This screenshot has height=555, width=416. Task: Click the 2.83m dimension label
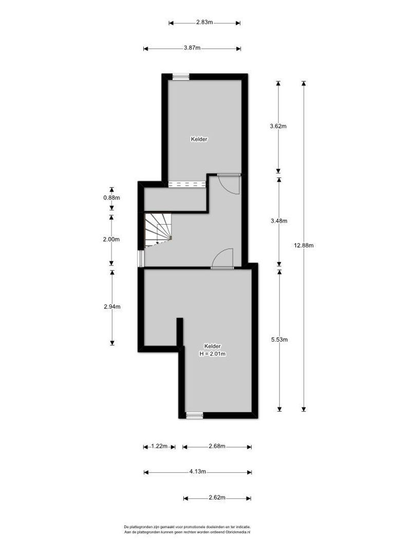[x=204, y=22]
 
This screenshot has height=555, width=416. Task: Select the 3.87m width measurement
[x=192, y=48]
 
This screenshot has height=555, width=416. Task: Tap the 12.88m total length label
[x=304, y=245]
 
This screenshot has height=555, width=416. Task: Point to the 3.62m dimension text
[x=278, y=126]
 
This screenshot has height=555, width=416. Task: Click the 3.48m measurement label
[x=279, y=220]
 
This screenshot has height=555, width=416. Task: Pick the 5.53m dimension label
[x=279, y=340]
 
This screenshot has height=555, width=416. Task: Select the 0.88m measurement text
[x=111, y=198]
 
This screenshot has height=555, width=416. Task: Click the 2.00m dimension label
[x=111, y=239]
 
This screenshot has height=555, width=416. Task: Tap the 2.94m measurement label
[x=112, y=306]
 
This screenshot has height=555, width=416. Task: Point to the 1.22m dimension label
[x=159, y=446]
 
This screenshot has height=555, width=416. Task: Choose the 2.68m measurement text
[x=217, y=446]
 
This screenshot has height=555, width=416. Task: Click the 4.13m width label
[x=197, y=471]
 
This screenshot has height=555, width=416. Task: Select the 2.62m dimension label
[x=217, y=497]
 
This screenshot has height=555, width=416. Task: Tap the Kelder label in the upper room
[x=199, y=139]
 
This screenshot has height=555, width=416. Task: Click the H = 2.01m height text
[x=213, y=354]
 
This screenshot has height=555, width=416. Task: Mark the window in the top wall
[x=181, y=77]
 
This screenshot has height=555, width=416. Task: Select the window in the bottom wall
[x=195, y=415]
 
